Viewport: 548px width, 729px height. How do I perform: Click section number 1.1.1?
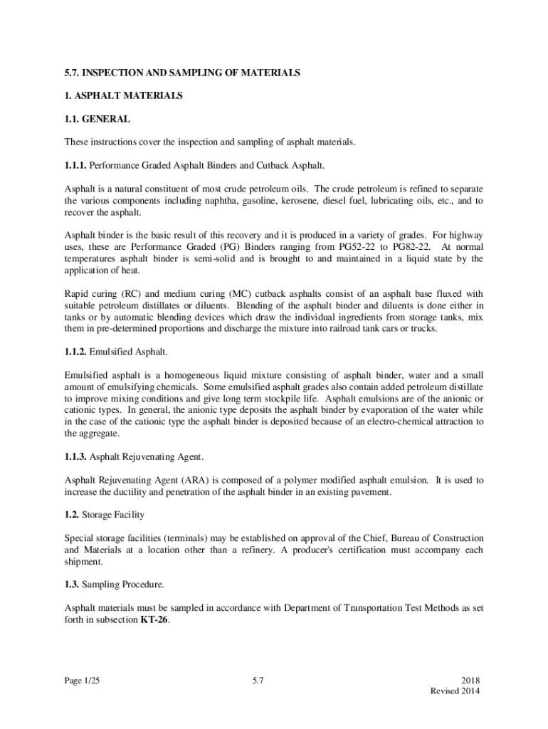click(75, 165)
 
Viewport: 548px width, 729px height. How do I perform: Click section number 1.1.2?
click(75, 352)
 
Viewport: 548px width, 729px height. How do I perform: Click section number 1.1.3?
click(75, 456)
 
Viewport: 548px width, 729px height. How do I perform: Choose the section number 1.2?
click(72, 514)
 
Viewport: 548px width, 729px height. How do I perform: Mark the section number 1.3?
click(72, 584)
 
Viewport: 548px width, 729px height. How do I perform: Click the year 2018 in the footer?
click(471, 681)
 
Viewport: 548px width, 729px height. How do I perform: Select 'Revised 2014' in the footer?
click(455, 691)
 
